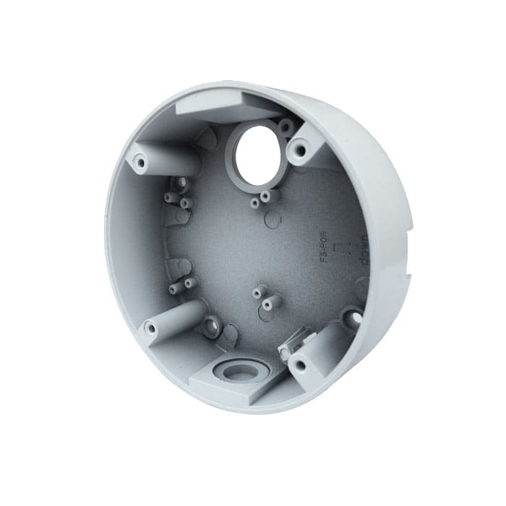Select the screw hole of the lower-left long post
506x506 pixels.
(151, 328)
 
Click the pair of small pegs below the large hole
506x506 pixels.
(261, 198)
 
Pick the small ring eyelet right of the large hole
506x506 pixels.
(286, 126)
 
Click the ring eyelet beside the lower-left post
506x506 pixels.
(211, 326)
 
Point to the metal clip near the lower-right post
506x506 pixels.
(298, 339)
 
